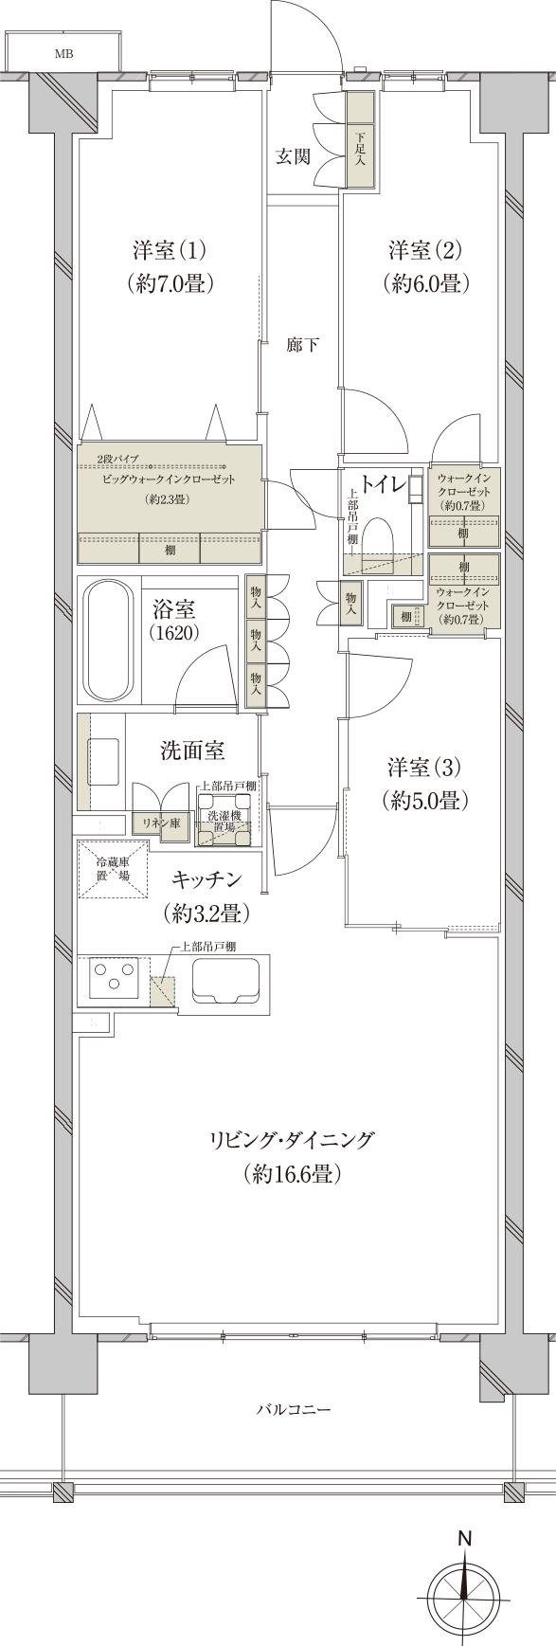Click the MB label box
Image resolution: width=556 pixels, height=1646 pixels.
click(64, 54)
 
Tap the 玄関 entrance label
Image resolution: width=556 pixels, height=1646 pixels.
click(293, 156)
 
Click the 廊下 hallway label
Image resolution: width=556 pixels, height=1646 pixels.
click(302, 345)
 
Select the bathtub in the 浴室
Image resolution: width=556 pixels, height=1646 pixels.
click(109, 641)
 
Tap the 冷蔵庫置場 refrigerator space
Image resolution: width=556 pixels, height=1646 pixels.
click(113, 869)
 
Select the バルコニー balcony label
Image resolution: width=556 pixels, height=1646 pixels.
click(294, 1410)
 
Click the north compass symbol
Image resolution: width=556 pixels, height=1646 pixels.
click(464, 1590)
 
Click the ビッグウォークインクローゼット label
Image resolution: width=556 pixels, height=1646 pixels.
click(169, 480)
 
